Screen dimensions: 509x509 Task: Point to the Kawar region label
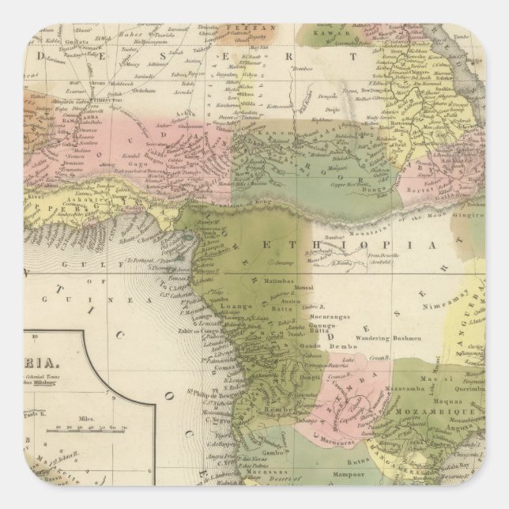point(319,35)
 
